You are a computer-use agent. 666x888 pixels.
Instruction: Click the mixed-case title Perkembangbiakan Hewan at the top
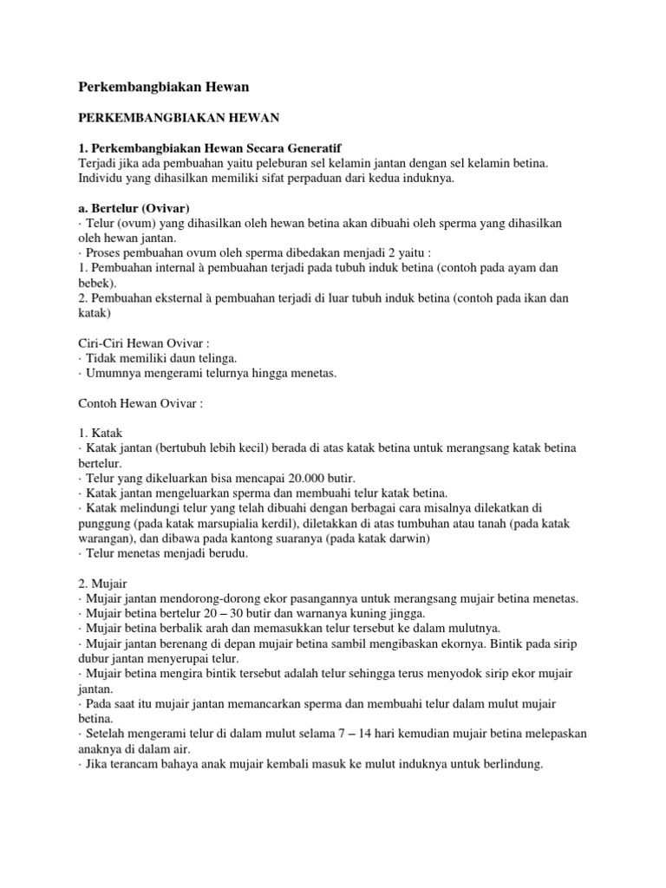click(x=164, y=87)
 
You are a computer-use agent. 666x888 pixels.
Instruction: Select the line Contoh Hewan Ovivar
click(x=140, y=402)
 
